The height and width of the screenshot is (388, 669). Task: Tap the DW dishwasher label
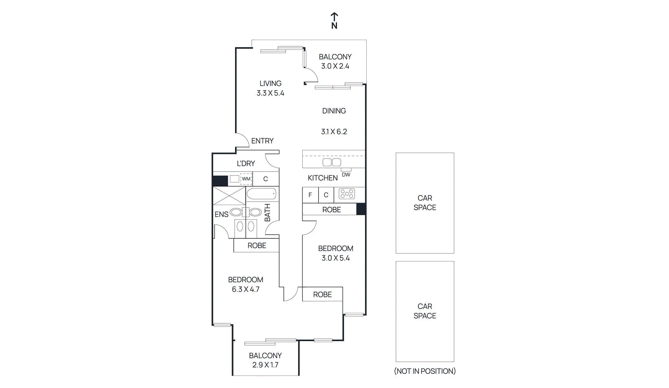(346, 175)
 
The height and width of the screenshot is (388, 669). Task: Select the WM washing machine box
(246, 179)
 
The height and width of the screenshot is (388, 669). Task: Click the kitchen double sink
(332, 162)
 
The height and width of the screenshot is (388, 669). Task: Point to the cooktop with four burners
(347, 194)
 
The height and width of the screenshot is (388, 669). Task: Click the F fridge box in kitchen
(310, 195)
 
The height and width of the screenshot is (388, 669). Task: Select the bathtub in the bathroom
(261, 194)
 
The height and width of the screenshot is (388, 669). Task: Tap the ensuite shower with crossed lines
(229, 195)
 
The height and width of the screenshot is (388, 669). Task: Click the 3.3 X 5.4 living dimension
(271, 93)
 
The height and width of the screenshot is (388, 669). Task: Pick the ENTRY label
(263, 141)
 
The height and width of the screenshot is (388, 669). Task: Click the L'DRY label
(246, 163)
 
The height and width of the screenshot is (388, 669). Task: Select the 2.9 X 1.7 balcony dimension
(265, 365)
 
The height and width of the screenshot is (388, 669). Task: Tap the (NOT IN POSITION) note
(425, 371)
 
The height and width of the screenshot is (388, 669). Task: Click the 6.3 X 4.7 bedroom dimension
(246, 289)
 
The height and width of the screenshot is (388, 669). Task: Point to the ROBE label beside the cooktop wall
(332, 210)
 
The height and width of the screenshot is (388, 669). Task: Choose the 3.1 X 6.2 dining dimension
(334, 132)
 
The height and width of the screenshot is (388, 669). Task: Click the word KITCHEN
(323, 178)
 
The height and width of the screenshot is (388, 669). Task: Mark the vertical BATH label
(268, 213)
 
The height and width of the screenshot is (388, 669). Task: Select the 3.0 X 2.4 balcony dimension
(335, 66)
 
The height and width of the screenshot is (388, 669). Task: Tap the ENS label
(222, 214)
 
